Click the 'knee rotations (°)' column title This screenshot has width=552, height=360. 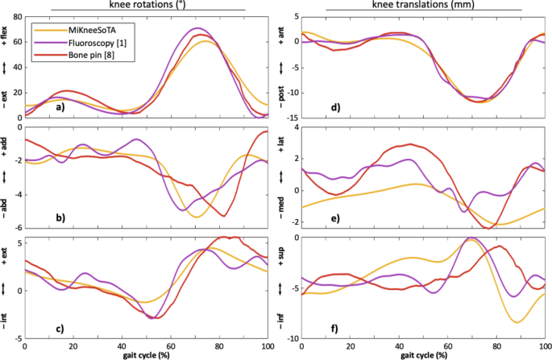point(147,5)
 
